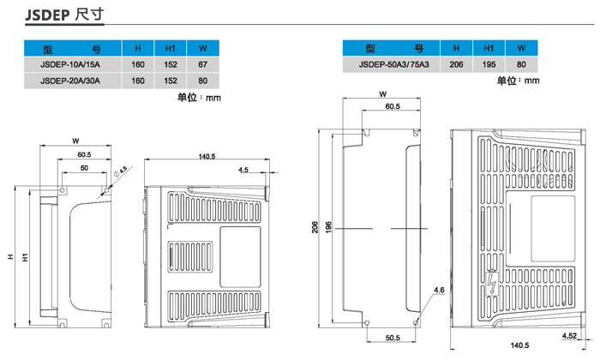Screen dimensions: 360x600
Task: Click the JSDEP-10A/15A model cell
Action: pyautogui.click(x=70, y=64)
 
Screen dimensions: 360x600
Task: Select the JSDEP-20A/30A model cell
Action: pyautogui.click(x=70, y=81)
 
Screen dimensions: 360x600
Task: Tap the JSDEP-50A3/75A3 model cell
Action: pyautogui.click(x=393, y=64)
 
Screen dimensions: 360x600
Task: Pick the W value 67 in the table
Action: pyautogui.click(x=203, y=64)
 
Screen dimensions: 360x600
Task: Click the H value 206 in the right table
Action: pyautogui.click(x=456, y=64)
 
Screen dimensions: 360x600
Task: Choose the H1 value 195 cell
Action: pyautogui.click(x=489, y=64)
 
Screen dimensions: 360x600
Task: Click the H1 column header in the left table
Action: pyautogui.click(x=170, y=48)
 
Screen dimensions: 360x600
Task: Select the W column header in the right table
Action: pyautogui.click(x=521, y=48)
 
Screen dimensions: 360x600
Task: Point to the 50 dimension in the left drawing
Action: pyautogui.click(x=83, y=169)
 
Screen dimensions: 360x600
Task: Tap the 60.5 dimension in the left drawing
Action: pyautogui.click(x=83, y=154)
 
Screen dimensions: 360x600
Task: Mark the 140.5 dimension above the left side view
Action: pyautogui.click(x=207, y=156)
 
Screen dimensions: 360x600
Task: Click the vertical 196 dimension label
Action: pyautogui.click(x=329, y=228)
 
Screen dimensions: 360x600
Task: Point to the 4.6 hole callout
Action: pyautogui.click(x=438, y=292)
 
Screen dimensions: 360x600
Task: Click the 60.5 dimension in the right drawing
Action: pyautogui.click(x=393, y=106)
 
